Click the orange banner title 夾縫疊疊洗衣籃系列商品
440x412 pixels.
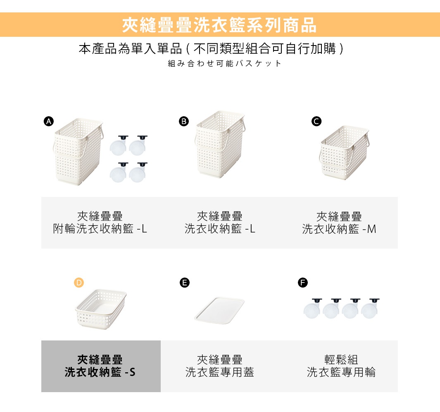pos(219,25)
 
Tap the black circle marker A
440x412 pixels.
pos(49,121)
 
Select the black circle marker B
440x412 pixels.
pos(183,121)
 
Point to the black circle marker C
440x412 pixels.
pos(316,121)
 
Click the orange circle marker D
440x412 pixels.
pos(78,283)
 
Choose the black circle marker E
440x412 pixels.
pos(184,283)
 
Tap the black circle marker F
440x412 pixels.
pos(303,283)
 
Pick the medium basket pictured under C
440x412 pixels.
pos(344,153)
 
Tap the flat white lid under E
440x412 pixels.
pos(219,309)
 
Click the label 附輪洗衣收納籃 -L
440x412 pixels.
pos(100,229)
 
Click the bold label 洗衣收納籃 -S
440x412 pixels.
pos(100,372)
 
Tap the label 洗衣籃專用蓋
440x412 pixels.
pos(219,372)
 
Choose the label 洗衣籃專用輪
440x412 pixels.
pos(341,372)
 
